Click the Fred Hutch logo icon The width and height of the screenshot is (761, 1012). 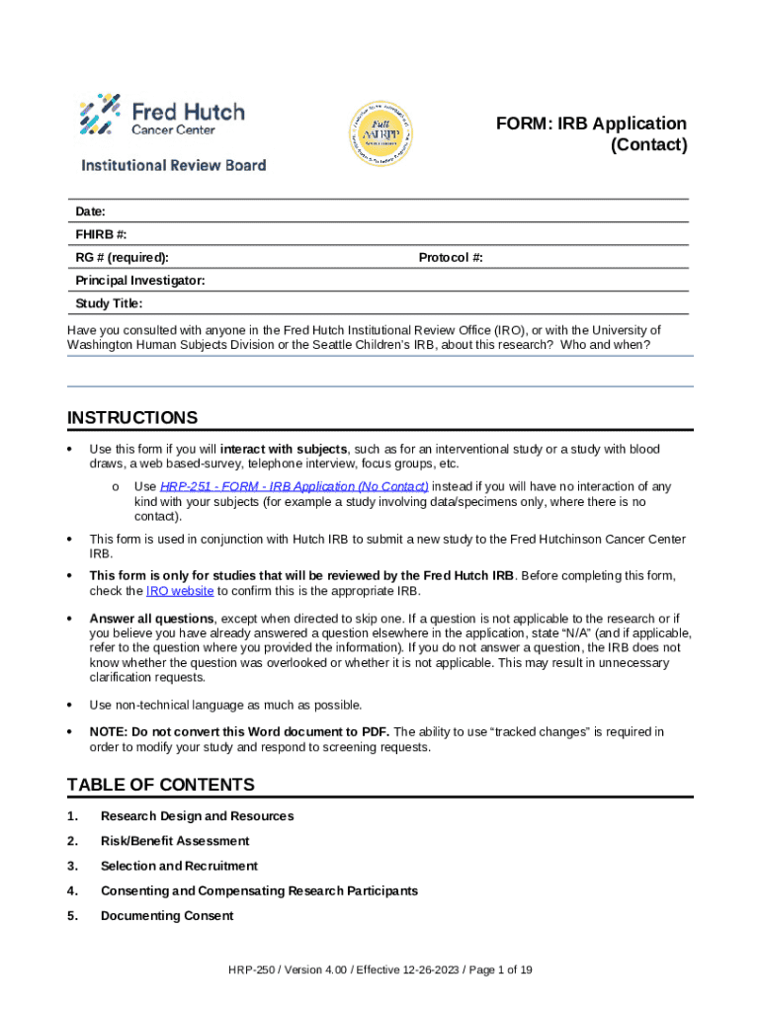pyautogui.click(x=101, y=114)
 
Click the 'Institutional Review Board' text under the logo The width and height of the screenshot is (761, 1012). pyautogui.click(x=173, y=165)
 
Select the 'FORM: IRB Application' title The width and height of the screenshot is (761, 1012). pyautogui.click(x=591, y=124)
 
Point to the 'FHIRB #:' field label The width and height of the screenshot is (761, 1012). pyautogui.click(x=101, y=235)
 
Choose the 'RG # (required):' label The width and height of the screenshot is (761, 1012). pyautogui.click(x=122, y=258)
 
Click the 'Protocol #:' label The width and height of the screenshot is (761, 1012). pyautogui.click(x=451, y=258)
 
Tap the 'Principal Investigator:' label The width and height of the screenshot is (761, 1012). pyautogui.click(x=140, y=281)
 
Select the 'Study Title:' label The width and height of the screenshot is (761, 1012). pyautogui.click(x=109, y=303)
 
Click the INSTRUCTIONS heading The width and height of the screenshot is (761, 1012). pyautogui.click(x=132, y=418)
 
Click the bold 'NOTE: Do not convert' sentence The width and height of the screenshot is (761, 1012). pyautogui.click(x=239, y=731)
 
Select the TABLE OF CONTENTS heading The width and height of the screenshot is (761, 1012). pyautogui.click(x=161, y=785)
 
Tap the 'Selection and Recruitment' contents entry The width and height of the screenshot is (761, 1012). pyautogui.click(x=179, y=866)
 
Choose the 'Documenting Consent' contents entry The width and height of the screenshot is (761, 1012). pyautogui.click(x=167, y=916)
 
